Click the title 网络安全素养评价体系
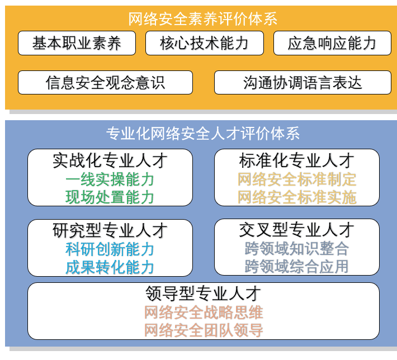[202, 19]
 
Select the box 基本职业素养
[77, 43]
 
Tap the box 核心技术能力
[204, 43]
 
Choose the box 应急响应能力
[332, 43]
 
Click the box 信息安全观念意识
[105, 83]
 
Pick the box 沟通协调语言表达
[303, 83]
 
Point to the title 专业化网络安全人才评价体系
[203, 134]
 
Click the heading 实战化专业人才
[110, 161]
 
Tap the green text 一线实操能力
[110, 180]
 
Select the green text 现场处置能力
[110, 197]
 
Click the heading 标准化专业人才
[296, 161]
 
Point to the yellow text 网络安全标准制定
[297, 179]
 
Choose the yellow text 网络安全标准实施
[297, 197]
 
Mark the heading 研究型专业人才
[110, 231]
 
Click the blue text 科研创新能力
[110, 249]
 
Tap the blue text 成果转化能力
[110, 267]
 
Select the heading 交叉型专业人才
[296, 230]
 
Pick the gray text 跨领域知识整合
[297, 249]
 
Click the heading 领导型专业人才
[203, 293]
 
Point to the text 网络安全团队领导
[204, 330]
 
